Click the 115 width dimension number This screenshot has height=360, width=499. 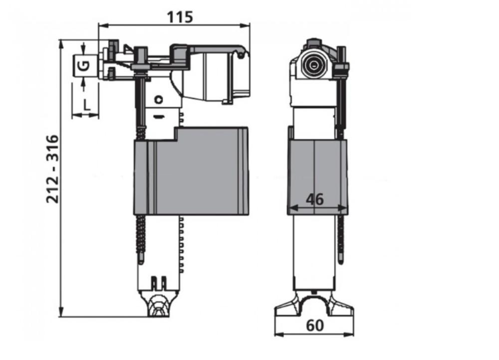point(180,17)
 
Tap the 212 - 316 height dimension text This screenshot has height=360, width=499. point(53,169)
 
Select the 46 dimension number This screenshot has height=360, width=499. point(315,199)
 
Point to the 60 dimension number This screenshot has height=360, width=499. point(315,326)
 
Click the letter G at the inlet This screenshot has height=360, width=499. point(84,66)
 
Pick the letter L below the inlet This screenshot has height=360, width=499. point(86,104)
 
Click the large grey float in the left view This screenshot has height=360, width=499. point(191,171)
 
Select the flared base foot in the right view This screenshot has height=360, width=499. point(314,305)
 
